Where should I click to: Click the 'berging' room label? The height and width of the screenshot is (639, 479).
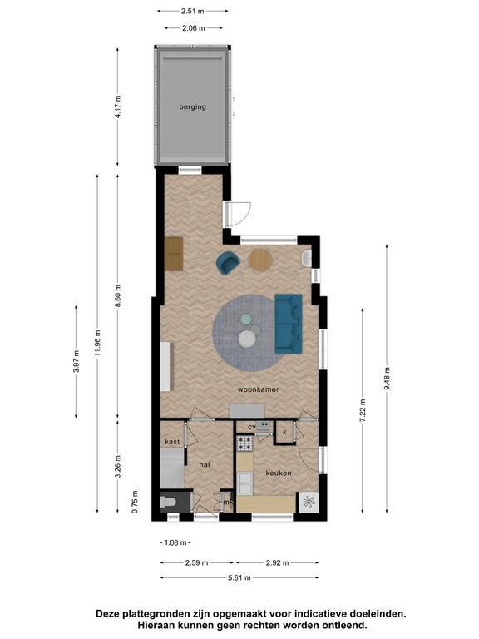click(x=192, y=107)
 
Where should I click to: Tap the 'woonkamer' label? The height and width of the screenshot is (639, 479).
click(x=259, y=389)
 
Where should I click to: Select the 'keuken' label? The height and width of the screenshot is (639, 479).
click(x=279, y=473)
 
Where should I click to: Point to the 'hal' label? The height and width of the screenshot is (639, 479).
click(x=205, y=464)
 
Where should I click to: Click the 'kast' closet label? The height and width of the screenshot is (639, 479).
click(x=172, y=442)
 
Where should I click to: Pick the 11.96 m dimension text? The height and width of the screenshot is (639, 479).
click(x=97, y=343)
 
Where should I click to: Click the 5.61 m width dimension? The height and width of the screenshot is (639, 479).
click(x=239, y=577)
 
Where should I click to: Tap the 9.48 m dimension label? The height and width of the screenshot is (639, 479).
click(x=387, y=379)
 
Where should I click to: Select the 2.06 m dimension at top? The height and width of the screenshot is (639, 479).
click(x=194, y=28)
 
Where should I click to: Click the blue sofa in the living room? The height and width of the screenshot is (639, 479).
click(x=289, y=324)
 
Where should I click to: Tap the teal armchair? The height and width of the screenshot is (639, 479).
click(x=228, y=263)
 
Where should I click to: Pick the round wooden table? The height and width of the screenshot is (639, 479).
click(x=260, y=260)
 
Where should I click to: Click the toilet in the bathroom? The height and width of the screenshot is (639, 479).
click(x=167, y=501)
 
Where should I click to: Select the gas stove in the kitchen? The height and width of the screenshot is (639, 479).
click(x=244, y=443)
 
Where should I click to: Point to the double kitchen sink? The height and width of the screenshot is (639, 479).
click(x=245, y=483)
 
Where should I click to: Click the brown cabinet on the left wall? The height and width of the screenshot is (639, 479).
click(x=174, y=254)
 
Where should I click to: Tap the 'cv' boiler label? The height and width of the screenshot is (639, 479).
click(x=252, y=427)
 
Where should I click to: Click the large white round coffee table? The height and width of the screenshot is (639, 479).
click(x=246, y=339)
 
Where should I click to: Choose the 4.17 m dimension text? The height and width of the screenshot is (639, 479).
click(x=118, y=106)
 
